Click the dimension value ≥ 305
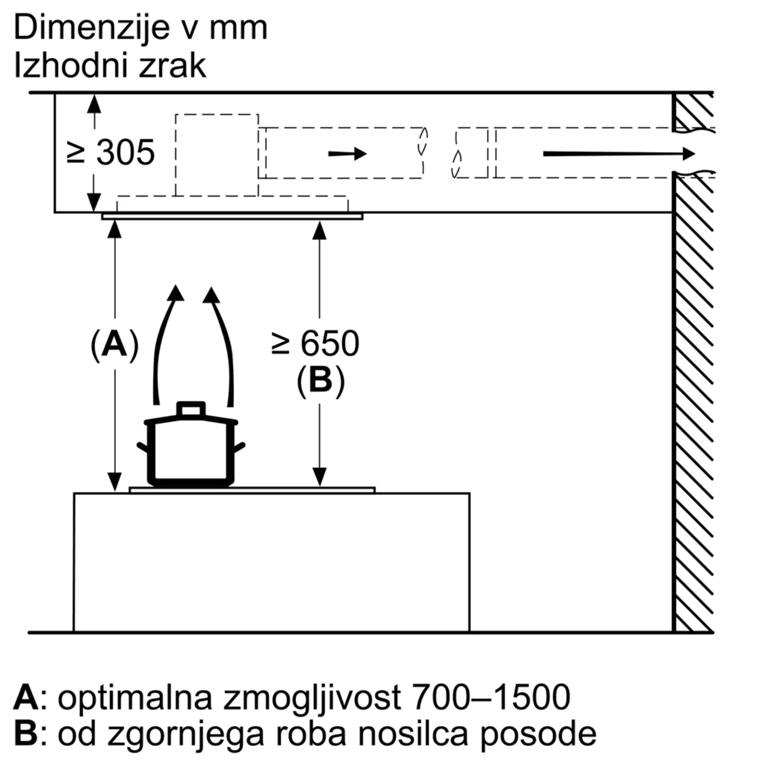[111, 153]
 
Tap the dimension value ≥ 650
[316, 344]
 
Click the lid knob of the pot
[191, 409]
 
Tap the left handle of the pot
[143, 448]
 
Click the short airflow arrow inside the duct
[347, 154]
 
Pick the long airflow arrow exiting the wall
[619, 154]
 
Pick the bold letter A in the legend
[26, 697]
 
